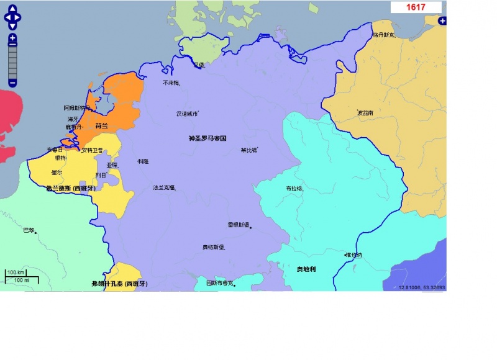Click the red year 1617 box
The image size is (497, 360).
click(x=416, y=7)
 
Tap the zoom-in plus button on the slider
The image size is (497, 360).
click(x=12, y=38)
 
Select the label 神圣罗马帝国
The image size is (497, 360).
click(x=207, y=138)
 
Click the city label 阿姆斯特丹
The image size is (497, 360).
click(x=76, y=107)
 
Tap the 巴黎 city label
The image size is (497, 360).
click(x=29, y=230)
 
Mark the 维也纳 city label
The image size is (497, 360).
click(x=353, y=254)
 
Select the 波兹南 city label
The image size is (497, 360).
click(x=365, y=113)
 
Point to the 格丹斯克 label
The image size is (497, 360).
click(x=383, y=35)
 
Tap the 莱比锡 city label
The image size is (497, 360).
click(x=248, y=150)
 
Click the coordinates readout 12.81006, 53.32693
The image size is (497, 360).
click(x=422, y=287)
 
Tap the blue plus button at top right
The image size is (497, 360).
click(x=442, y=21)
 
